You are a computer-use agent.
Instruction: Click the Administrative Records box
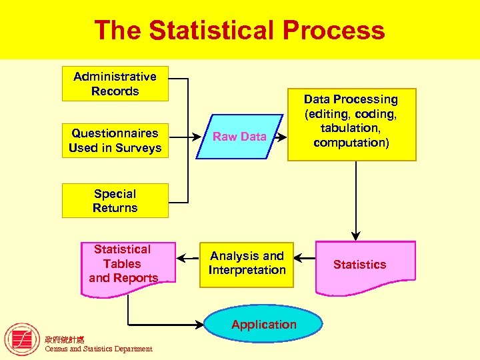[x=115, y=84]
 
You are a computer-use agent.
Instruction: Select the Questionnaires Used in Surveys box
[x=115, y=140]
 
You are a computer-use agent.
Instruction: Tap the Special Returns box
[x=115, y=201]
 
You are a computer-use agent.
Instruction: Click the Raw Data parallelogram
[x=239, y=137]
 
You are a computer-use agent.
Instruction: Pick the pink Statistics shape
[x=359, y=265]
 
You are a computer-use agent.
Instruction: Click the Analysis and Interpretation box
[x=247, y=264]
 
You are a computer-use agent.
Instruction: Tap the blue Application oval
[x=264, y=325]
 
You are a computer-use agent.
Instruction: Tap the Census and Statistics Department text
[x=98, y=349]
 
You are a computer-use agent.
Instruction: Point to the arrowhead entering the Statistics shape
[x=356, y=235]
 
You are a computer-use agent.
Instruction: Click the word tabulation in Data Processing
[x=351, y=128]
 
